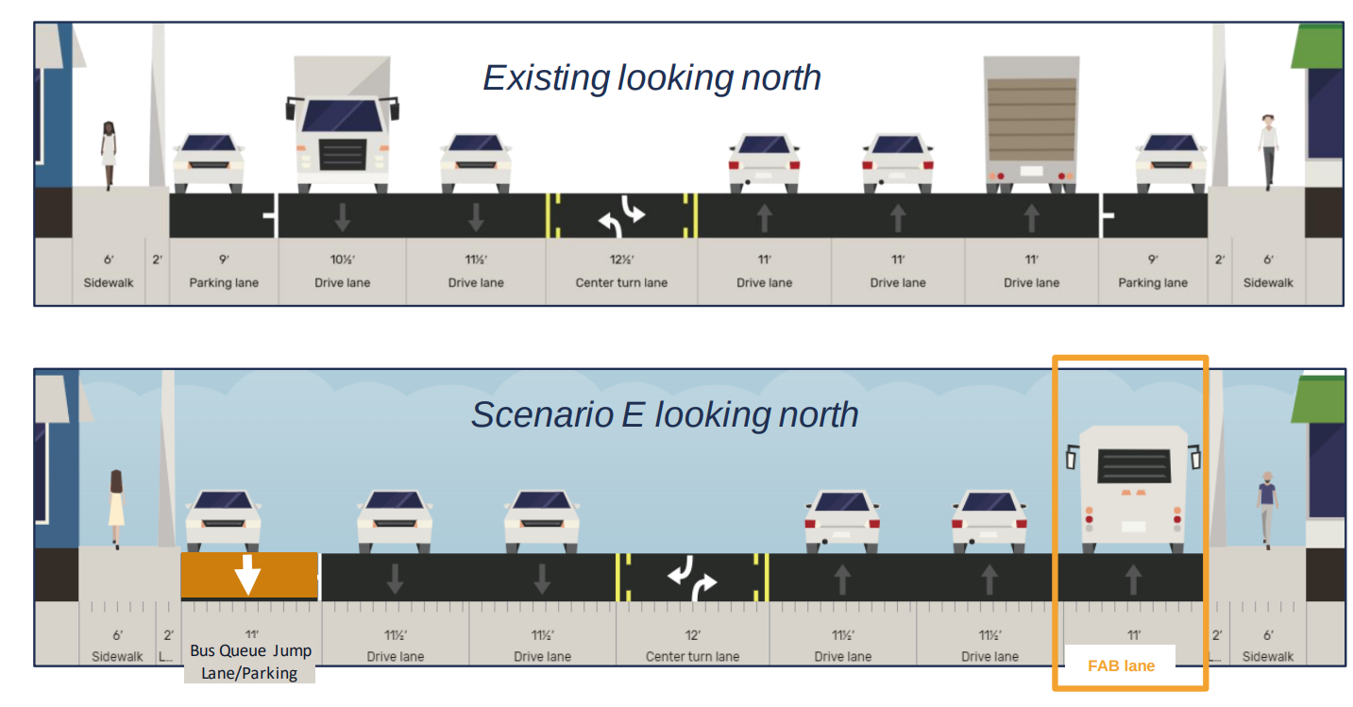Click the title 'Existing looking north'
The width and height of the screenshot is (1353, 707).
651,77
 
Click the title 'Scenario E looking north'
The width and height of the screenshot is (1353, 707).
665,414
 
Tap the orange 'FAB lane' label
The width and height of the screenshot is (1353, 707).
1121,665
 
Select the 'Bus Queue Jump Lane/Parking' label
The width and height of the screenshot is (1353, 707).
250,662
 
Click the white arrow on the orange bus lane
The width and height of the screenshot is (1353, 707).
247,574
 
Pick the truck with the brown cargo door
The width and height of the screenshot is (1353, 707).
1030,123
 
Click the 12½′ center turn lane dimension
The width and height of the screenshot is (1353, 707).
621,260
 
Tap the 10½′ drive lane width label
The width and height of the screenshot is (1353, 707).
342,260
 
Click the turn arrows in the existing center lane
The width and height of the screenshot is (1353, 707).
621,217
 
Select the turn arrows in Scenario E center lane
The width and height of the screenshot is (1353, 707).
692,578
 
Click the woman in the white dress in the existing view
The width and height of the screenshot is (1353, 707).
109,155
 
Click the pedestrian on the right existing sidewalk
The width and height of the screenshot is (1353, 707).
1268,151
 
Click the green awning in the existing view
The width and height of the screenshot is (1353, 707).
1317,47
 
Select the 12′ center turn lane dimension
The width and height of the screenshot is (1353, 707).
692,635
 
